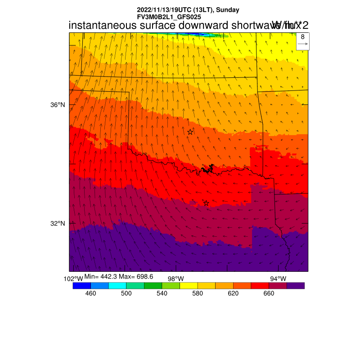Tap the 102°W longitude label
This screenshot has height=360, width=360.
73,279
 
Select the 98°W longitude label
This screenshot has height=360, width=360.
175,279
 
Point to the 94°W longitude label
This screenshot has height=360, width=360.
278,279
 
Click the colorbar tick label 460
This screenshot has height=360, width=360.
90,293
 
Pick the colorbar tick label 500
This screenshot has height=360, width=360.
126,293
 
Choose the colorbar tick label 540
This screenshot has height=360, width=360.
162,293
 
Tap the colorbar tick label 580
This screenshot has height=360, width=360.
197,293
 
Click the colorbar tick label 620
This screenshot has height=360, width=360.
233,293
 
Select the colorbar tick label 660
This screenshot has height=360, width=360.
269,293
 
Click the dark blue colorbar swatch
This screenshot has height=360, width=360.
81,285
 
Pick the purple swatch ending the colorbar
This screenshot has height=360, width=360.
296,285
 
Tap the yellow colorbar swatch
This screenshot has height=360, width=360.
189,285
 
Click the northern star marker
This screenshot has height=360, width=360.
190,132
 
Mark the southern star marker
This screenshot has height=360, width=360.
206,203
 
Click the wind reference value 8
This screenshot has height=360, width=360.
303,37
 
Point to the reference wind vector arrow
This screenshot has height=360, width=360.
303,44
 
